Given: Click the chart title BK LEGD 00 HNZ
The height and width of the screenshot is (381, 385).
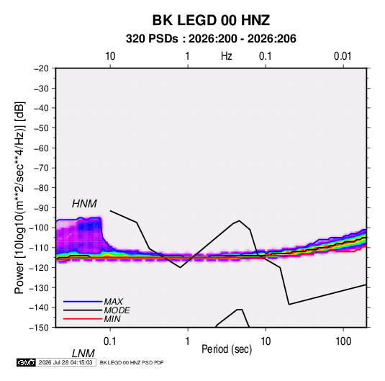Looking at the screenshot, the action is coord(211,20).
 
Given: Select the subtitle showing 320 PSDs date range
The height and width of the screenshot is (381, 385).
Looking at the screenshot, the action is coord(211,39).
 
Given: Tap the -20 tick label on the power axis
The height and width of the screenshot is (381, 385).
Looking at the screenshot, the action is coord(41,68).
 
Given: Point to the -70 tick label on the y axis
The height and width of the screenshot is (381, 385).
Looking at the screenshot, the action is coord(41,168).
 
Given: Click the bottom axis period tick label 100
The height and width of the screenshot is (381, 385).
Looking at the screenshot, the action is coord(343,341).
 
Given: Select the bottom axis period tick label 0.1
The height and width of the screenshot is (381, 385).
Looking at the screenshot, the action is coord(110,341).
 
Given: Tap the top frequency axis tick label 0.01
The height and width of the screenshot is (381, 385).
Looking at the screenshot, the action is coord(343,56).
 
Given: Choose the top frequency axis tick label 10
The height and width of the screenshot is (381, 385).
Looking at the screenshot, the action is coord(110,56).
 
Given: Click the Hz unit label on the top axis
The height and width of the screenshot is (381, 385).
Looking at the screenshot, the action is coord(227,56).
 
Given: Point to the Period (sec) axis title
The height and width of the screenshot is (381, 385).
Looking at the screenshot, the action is coord(227,349).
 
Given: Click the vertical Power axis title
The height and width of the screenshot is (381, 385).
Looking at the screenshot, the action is coord(19,198).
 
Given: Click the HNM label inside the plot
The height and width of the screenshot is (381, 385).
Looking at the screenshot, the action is coord(84,204).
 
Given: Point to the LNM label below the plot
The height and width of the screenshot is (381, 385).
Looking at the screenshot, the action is coord(83,354).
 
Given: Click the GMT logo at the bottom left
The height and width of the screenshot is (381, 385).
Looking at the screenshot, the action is coord(27,362).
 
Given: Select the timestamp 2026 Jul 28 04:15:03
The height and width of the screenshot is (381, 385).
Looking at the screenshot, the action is coord(65,362).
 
